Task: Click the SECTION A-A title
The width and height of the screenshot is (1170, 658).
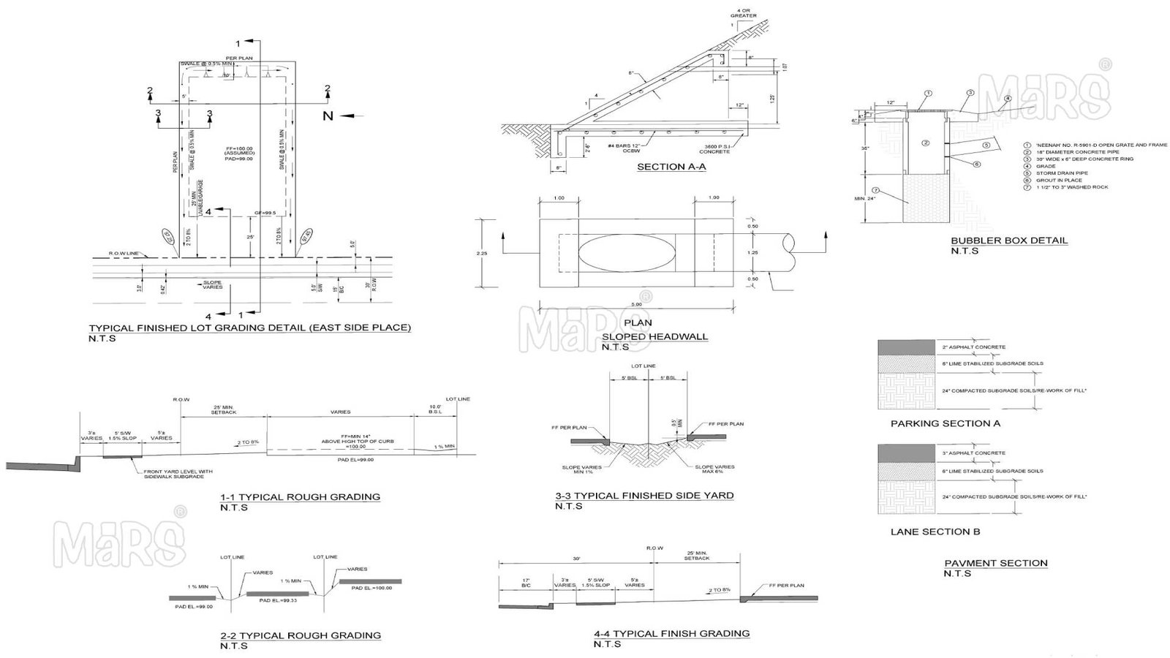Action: pyautogui.click(x=671, y=167)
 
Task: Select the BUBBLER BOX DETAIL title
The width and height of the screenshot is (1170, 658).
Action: pyautogui.click(x=1009, y=241)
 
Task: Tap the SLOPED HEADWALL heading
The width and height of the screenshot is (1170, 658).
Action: pyautogui.click(x=654, y=336)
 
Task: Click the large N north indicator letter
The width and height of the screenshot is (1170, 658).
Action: pyautogui.click(x=328, y=116)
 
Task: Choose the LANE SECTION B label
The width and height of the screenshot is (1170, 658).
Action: pyautogui.click(x=935, y=532)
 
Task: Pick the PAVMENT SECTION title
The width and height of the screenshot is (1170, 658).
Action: pyautogui.click(x=995, y=563)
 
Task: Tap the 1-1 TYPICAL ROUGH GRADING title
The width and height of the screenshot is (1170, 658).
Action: pyautogui.click(x=300, y=497)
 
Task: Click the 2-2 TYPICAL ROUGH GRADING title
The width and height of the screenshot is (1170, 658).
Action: pyautogui.click(x=301, y=635)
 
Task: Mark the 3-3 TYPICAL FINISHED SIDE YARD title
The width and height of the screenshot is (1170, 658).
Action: pyautogui.click(x=644, y=496)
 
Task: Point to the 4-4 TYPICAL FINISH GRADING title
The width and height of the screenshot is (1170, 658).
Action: pyautogui.click(x=671, y=633)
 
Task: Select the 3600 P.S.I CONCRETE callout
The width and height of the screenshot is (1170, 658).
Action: pyautogui.click(x=714, y=148)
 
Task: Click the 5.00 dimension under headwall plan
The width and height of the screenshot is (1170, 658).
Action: pyautogui.click(x=636, y=304)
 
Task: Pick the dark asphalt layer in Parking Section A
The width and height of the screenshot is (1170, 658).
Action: pyautogui.click(x=906, y=347)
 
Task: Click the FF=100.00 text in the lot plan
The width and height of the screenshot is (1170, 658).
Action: pyautogui.click(x=239, y=147)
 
